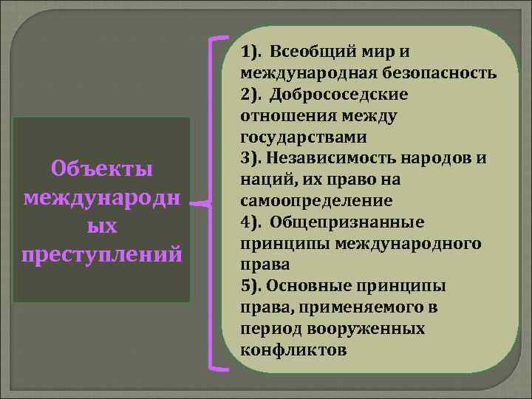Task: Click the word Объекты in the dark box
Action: click(103, 168)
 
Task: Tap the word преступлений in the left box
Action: click(103, 253)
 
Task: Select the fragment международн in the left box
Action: click(103, 197)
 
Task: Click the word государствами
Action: click(303, 137)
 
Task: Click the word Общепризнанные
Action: click(347, 222)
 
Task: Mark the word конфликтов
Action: click(293, 349)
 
